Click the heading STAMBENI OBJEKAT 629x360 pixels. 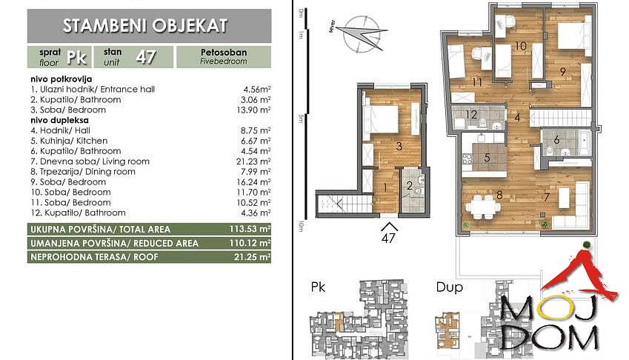pos(145,26)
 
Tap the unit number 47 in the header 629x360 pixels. pos(146,57)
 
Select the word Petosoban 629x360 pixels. pos(224,52)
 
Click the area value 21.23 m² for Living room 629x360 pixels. pos(253,161)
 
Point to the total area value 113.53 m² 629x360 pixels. pos(250,229)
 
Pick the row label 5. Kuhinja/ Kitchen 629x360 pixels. pos(69,141)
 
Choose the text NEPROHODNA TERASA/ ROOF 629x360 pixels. pos(94,257)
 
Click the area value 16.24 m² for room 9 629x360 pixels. pos(253,181)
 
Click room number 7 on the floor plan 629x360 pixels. pos(546,197)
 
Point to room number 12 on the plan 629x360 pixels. pos(471,115)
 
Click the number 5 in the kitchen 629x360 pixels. pos(487,157)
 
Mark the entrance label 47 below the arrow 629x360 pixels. pos(388,238)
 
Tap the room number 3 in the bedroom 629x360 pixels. pos(399,146)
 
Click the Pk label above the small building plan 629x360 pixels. pos(318,287)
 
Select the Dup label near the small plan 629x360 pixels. pos(449,287)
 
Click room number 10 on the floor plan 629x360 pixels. pos(520,46)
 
